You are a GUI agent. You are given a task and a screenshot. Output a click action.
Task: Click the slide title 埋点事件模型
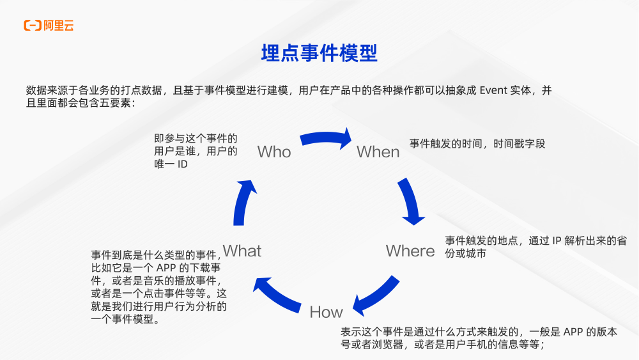pos(319,54)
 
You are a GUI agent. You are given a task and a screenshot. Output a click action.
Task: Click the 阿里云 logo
pos(49,26)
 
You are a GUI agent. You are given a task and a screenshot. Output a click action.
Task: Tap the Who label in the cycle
pos(273,152)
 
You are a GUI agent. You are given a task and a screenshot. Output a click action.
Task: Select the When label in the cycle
pos(378,152)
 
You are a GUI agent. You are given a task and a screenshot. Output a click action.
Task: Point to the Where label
pos(410,251)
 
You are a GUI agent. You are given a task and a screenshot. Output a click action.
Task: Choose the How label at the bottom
pos(326,312)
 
